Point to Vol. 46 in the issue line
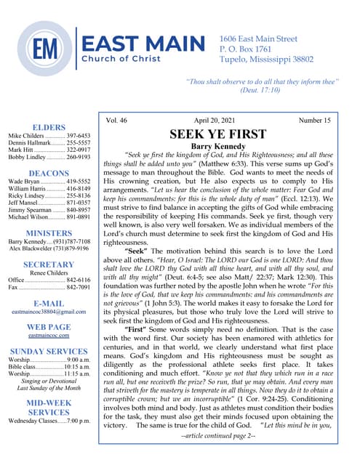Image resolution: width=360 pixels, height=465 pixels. click(x=117, y=121)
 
